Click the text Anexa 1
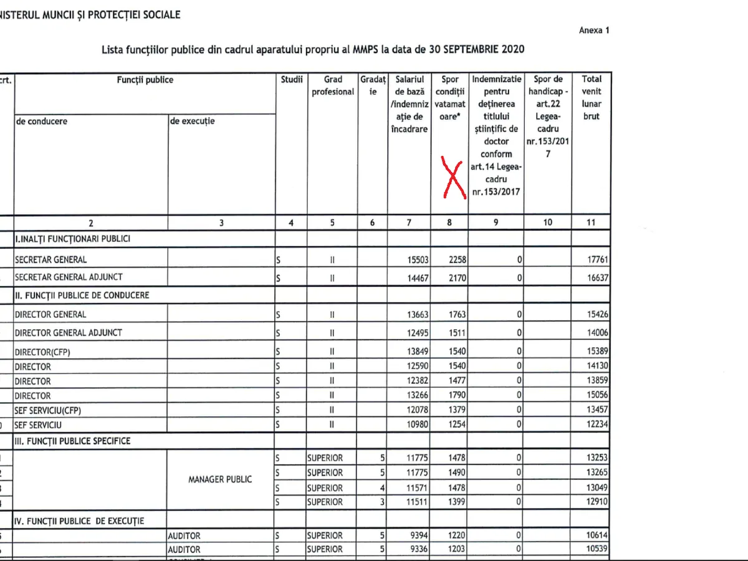594,30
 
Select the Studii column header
291,80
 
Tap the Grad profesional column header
333,86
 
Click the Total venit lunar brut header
591,98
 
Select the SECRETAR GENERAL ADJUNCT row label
69,277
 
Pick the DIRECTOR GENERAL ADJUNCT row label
69,333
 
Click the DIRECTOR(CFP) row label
42,352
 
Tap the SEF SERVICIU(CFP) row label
48,411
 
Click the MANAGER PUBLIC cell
220,479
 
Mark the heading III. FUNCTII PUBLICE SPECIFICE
73,441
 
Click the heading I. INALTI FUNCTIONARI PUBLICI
73,239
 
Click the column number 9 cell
496,222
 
